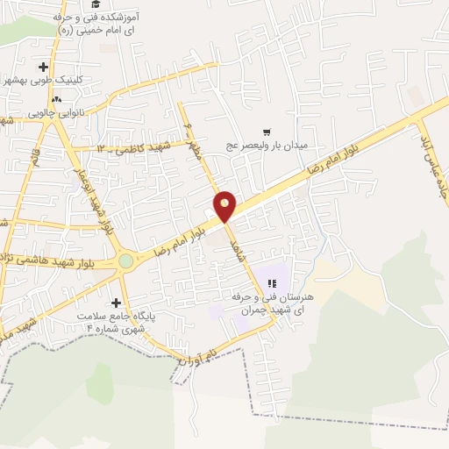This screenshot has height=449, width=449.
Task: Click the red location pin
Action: point(225,206)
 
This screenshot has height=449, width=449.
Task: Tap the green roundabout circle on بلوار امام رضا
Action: point(126,260)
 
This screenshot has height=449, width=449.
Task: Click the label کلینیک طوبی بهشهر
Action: point(79,79)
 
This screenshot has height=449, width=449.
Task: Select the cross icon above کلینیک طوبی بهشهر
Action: point(43,67)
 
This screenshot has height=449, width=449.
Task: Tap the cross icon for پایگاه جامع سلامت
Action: point(116,303)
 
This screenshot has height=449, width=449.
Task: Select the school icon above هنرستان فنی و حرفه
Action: point(273,283)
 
